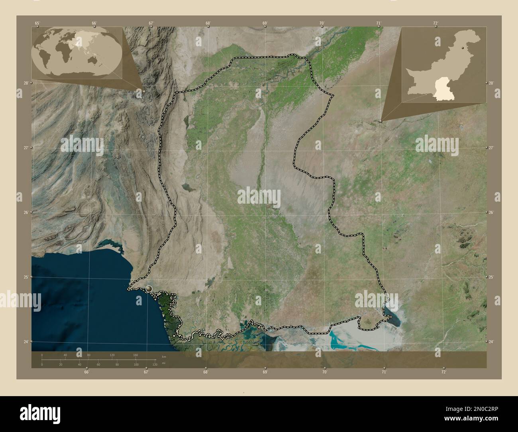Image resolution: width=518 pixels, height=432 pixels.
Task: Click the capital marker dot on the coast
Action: [149, 288]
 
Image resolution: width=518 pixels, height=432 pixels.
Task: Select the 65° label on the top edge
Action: [37, 23]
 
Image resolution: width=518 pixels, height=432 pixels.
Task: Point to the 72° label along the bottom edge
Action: [443, 372]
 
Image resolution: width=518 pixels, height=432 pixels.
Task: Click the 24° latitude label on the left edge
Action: [26, 342]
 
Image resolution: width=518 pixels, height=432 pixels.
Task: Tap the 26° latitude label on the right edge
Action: [491, 212]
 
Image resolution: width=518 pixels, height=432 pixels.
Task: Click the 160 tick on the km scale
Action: [135, 355]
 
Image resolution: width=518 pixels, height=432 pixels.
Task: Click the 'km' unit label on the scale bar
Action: [164, 355]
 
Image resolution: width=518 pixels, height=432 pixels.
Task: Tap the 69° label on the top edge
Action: [265, 23]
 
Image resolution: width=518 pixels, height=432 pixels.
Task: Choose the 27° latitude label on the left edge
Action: [26, 147]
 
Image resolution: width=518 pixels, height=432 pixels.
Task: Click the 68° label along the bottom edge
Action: [206, 372]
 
